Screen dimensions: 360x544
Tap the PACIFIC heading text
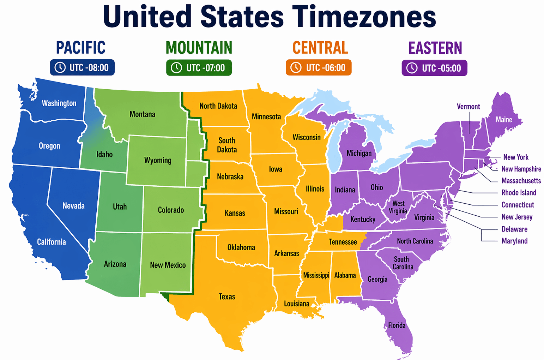pos(81,48)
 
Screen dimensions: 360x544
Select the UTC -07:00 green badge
pos(199,68)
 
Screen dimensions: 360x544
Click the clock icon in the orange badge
pos(296,67)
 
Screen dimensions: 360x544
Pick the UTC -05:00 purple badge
pos(434,68)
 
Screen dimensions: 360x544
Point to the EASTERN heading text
pos(435,48)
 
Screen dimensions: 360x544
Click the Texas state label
pos(227,296)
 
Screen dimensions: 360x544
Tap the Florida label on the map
pos(397,325)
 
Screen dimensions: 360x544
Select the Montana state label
pos(142,114)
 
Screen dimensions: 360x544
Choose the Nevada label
pos(73,205)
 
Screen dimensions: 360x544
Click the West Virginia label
pos(398,207)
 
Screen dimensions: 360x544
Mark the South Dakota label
pos(227,145)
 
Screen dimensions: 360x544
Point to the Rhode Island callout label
pos(519,192)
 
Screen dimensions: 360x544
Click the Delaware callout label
pos(514,229)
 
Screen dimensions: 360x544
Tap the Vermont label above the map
pos(468,107)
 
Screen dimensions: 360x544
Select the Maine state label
pos(504,120)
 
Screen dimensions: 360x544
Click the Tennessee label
pos(343,242)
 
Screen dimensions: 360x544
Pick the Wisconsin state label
pos(307,137)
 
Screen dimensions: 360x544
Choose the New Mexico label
pos(168,265)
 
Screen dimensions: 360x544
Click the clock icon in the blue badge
pos(60,67)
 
